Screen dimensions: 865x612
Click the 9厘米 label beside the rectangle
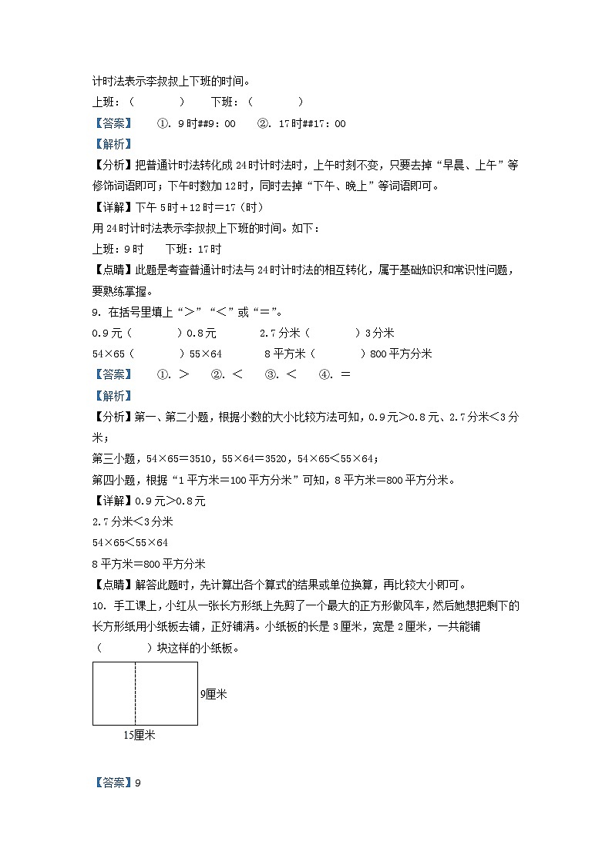(x=213, y=694)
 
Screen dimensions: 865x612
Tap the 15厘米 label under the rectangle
(x=140, y=736)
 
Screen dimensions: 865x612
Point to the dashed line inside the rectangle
(x=136, y=693)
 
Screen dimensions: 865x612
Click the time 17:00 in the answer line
(x=329, y=123)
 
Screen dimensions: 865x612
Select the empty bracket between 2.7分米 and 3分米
(x=333, y=334)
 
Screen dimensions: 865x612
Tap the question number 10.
(x=97, y=605)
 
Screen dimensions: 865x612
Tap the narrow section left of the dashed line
(x=114, y=693)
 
